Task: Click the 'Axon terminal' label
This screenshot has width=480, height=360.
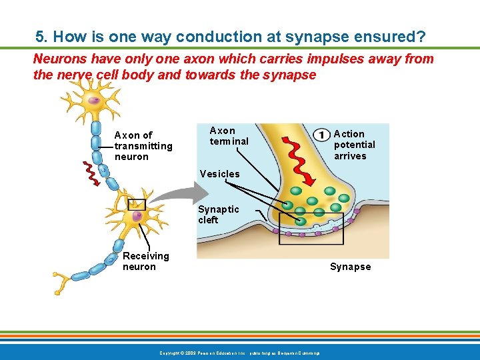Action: (x=229, y=135)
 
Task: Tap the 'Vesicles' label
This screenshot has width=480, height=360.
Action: (x=219, y=174)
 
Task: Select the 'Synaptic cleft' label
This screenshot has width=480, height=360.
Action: (x=218, y=214)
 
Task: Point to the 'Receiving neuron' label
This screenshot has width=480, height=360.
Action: (x=145, y=261)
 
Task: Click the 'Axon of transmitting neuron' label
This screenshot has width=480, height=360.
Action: (x=143, y=146)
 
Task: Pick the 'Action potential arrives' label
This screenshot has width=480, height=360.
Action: (x=354, y=145)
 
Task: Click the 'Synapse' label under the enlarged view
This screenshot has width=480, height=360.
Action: (x=350, y=267)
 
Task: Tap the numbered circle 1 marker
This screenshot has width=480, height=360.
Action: (x=321, y=134)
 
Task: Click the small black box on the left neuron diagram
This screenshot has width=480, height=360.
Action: (x=137, y=205)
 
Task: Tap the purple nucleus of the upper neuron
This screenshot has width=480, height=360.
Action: (x=95, y=101)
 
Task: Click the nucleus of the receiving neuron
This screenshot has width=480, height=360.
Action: (x=137, y=216)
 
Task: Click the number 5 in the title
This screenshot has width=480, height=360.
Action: (x=40, y=36)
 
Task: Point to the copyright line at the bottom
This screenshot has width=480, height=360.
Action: (x=239, y=352)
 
